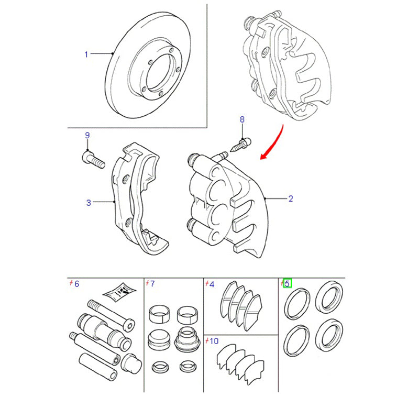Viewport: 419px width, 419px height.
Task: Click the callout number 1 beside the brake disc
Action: (x=87, y=54)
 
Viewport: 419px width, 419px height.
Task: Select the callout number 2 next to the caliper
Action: (x=291, y=199)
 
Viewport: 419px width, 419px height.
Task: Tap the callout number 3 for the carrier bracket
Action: (x=89, y=202)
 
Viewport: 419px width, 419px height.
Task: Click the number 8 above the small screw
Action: (x=242, y=120)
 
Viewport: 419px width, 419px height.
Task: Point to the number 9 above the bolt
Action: (x=87, y=136)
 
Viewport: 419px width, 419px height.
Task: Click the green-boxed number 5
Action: (x=287, y=284)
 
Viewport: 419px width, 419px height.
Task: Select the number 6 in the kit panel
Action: (x=76, y=284)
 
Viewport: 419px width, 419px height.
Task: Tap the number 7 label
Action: (x=152, y=284)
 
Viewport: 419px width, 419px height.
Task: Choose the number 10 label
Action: (x=214, y=341)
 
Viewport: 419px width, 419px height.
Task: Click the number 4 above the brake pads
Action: (x=212, y=284)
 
